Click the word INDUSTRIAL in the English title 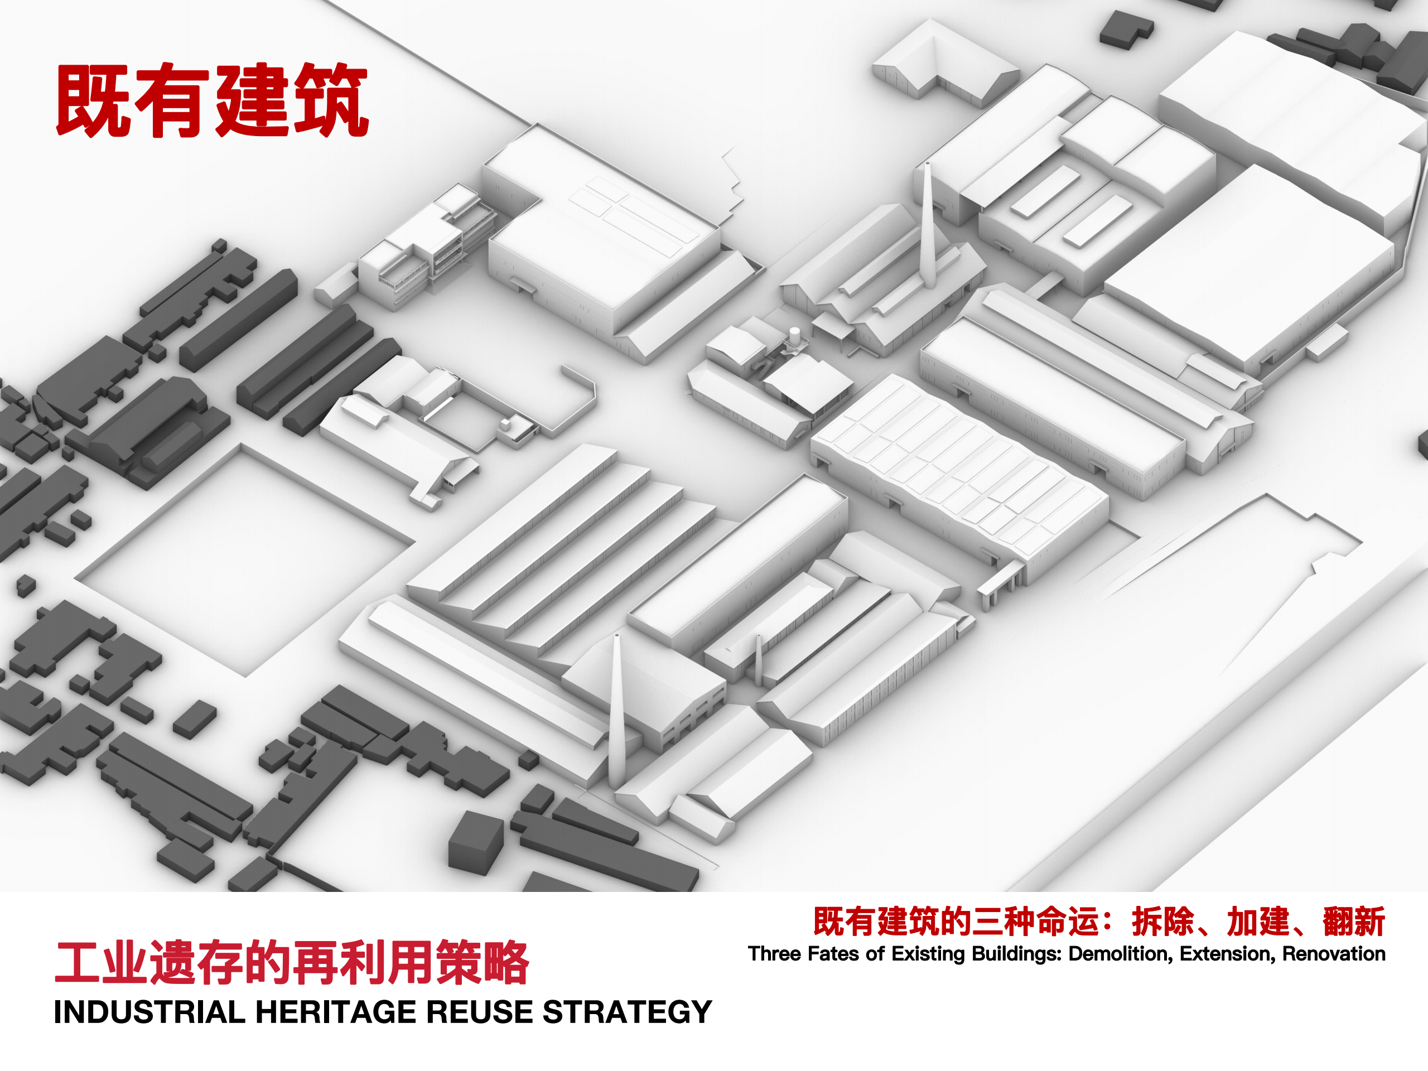click(x=149, y=1012)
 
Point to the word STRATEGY click(x=627, y=1012)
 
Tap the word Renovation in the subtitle click(x=1334, y=954)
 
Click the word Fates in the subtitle click(x=833, y=954)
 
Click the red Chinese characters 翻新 click(x=1354, y=922)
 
